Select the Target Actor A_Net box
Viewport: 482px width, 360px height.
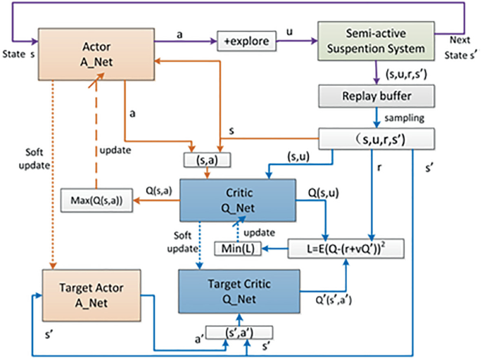coord(92,295)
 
